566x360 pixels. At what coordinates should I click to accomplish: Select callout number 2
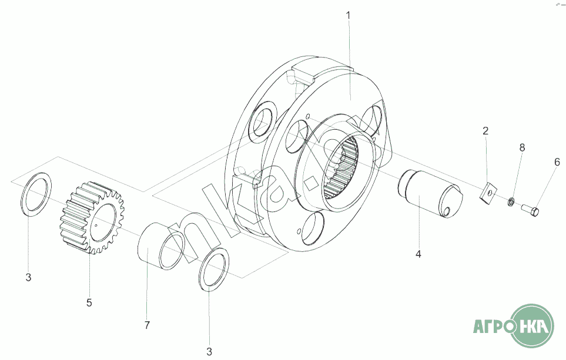coord(485,131)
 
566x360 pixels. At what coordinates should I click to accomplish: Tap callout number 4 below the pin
coord(418,254)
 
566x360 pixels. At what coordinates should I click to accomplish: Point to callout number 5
coord(89,303)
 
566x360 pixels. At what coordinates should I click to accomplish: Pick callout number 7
coord(148,325)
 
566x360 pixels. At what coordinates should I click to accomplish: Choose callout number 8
coord(522,147)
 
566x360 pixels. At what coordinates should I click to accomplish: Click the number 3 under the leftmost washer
coord(28,278)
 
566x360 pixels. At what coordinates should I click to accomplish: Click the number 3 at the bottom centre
coord(209,352)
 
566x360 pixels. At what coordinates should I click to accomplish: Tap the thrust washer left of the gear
coord(36,193)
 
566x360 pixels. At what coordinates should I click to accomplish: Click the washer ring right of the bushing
coord(213,269)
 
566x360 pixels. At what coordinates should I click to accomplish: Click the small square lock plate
coord(487,192)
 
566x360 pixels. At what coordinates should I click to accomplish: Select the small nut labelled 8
coord(512,202)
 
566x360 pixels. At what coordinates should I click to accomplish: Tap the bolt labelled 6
coord(531,209)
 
